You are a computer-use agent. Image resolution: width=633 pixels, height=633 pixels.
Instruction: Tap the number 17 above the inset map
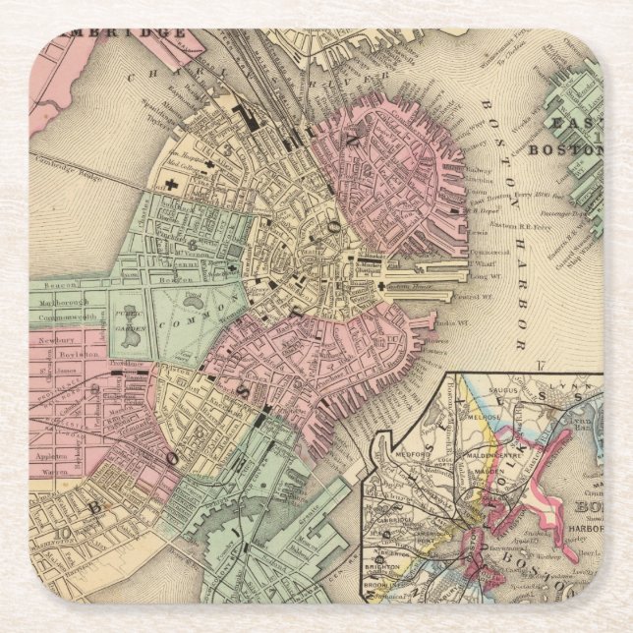540,367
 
